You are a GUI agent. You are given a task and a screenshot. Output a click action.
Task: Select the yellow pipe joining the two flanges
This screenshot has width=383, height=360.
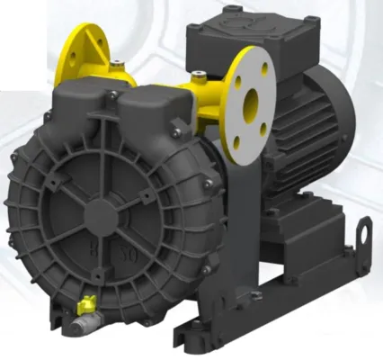pyautogui.click(x=207, y=90)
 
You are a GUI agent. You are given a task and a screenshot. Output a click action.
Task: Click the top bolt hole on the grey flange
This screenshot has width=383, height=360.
pyautogui.click(x=245, y=62)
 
